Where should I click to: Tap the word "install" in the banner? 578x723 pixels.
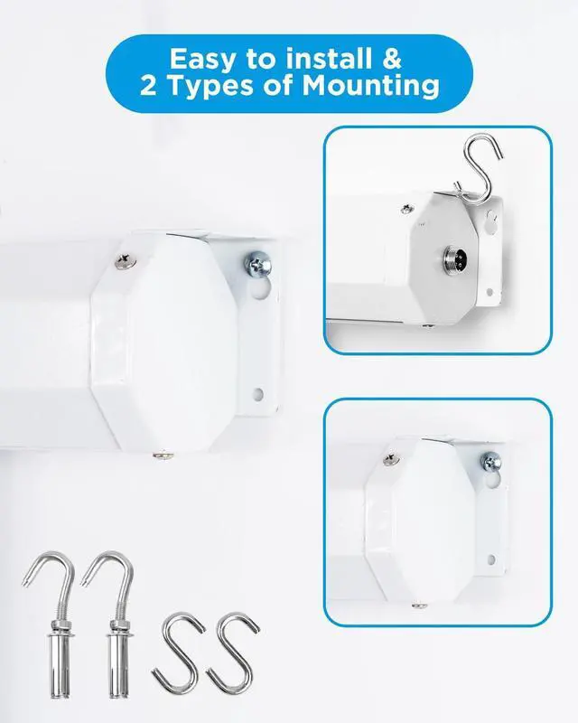pos(330,59)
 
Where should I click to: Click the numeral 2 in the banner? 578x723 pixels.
pos(148,86)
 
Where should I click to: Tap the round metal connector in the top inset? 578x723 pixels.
pos(453,258)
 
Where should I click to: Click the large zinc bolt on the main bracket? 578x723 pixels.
pos(256,264)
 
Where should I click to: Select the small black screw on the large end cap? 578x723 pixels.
pos(126,260)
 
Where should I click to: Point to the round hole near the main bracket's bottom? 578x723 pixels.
pos(258,394)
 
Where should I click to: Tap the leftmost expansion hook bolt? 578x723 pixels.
pos(51,624)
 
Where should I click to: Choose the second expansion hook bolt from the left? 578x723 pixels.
pos(110,624)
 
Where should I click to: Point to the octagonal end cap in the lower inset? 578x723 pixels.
pos(414,521)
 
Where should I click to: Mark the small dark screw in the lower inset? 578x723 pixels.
pos(392,459)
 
